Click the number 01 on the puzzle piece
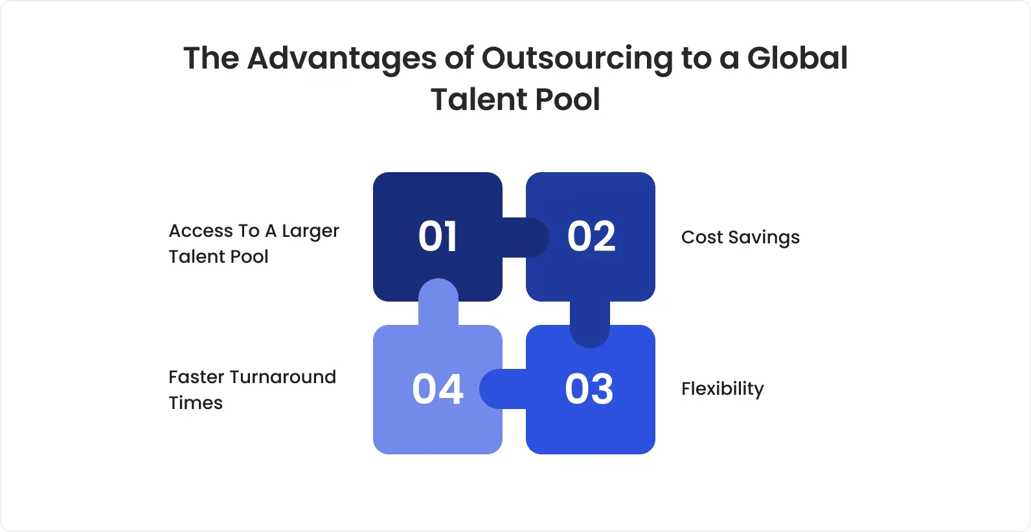[x=438, y=236]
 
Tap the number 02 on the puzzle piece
[x=591, y=236]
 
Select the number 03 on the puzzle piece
[x=589, y=389]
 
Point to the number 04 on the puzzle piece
[x=438, y=389]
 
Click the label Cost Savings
[x=740, y=238]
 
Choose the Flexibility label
[x=722, y=389]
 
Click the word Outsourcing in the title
[x=577, y=58]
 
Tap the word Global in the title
[x=797, y=58]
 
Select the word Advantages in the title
[x=342, y=58]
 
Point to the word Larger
[x=310, y=232]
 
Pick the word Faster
[x=197, y=377]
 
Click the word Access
[x=201, y=231]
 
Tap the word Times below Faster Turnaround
[x=196, y=403]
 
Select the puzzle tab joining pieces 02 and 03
[x=590, y=324]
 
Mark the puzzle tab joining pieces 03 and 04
[x=503, y=389]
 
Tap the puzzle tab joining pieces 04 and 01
[x=438, y=302]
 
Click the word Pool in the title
[x=568, y=100]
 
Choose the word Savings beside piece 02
[x=764, y=238]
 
